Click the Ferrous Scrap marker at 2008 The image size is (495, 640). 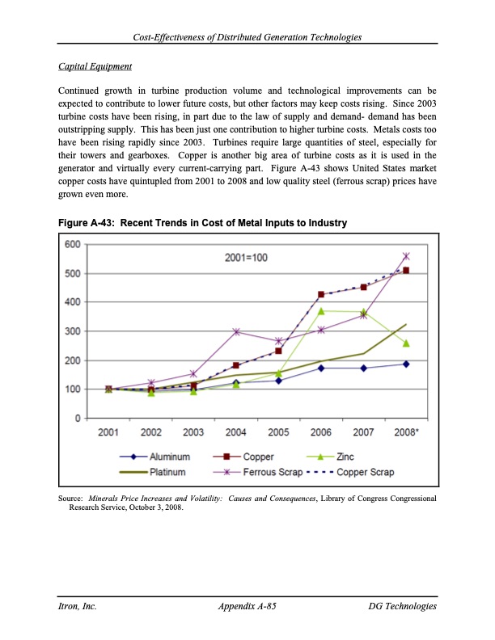406,256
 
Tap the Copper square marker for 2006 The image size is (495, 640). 321,295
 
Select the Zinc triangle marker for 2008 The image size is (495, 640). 406,343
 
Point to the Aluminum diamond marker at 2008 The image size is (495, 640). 406,364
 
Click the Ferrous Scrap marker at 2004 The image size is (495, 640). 236,332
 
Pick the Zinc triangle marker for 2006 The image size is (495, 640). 321,311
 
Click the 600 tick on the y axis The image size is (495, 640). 72,245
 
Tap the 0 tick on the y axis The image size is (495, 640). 76,419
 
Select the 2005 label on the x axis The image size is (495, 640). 278,433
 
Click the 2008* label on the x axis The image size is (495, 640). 407,433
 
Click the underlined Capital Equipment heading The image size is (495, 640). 95,65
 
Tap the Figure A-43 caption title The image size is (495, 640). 202,222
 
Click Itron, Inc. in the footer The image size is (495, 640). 77,606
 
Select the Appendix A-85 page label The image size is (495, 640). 247,606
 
